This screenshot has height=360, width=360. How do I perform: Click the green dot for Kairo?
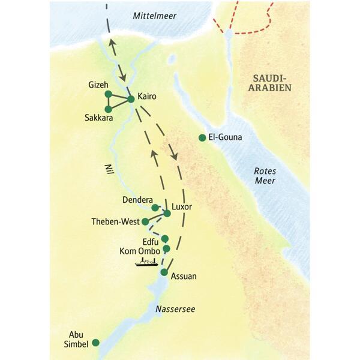pyautogui.click(x=131, y=99)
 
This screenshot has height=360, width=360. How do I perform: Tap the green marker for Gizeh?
pyautogui.click(x=108, y=94)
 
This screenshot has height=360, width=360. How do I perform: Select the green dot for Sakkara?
pyautogui.click(x=108, y=109)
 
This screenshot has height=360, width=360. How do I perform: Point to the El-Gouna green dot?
pyautogui.click(x=202, y=138)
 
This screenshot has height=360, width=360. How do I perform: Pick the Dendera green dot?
pyautogui.click(x=155, y=208)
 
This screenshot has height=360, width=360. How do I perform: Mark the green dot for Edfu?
pyautogui.click(x=165, y=238)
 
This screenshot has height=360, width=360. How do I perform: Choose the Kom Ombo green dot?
pyautogui.click(x=166, y=248)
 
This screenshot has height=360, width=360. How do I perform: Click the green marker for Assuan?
pyautogui.click(x=164, y=272)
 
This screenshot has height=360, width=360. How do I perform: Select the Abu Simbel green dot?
pyautogui.click(x=95, y=343)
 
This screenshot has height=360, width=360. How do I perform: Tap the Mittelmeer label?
pyautogui.click(x=155, y=16)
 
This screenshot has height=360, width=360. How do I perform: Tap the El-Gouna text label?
pyautogui.click(x=225, y=138)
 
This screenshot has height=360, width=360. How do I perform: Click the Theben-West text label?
pyautogui.click(x=115, y=222)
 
